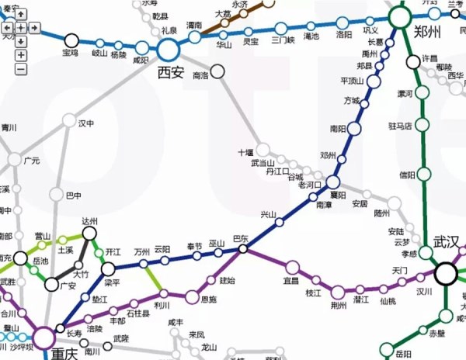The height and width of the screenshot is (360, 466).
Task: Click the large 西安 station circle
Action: point(169,50)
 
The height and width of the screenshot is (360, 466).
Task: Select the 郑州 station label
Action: point(427,33)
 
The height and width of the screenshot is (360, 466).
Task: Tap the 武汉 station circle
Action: point(446,273)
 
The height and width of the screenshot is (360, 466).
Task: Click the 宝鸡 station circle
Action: point(71,40)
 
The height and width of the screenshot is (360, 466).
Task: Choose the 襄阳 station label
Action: point(338,195)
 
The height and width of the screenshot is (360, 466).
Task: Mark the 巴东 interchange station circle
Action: point(243,249)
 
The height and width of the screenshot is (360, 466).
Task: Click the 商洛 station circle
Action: point(217,72)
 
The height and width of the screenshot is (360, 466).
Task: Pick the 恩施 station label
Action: point(208,299)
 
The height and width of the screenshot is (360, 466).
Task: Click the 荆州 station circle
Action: point(338,292)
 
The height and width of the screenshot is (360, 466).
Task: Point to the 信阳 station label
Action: point(407,175)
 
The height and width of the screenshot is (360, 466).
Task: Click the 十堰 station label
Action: point(246,152)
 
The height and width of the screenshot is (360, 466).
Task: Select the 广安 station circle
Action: point(51,285)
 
